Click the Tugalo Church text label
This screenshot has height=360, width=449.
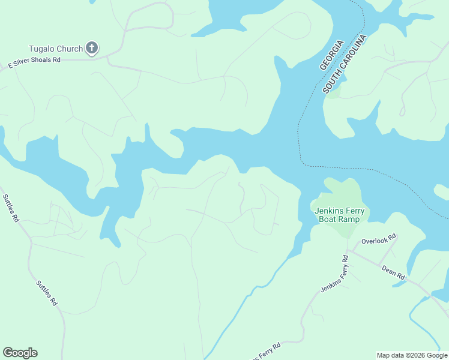click(x=56, y=49)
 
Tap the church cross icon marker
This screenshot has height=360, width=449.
click(x=92, y=48)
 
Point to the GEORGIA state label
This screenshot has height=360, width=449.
click(x=331, y=55)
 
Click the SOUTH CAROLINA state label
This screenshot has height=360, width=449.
click(x=345, y=64)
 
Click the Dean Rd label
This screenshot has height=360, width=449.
click(x=393, y=272)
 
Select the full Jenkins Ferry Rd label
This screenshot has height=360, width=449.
click(x=334, y=274)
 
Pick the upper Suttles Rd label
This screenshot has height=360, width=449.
click(x=11, y=208)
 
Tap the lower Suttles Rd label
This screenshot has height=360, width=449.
click(x=46, y=293)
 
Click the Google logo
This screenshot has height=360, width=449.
click(x=20, y=353)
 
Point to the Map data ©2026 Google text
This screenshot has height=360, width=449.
click(x=411, y=355)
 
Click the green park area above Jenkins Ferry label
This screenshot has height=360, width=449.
click(x=342, y=191)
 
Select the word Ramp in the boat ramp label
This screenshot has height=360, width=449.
click(x=349, y=219)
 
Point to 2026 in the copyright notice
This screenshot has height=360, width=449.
click(x=414, y=355)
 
